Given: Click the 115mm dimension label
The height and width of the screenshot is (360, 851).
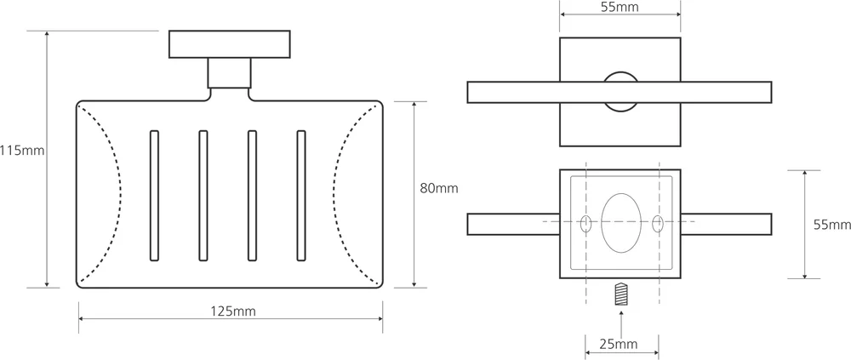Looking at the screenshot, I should point(22,151).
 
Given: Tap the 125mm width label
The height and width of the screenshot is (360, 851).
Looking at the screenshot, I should point(232,311).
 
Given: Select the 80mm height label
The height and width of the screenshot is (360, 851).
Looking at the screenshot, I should point(439,188).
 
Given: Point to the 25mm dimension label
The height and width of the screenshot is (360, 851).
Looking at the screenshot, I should point(618,345).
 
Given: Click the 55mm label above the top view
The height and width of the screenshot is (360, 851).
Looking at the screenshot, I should point(620,9).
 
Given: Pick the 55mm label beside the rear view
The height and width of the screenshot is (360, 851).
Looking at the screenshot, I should point(831,226).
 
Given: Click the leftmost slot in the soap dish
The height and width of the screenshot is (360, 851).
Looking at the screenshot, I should point(154,195).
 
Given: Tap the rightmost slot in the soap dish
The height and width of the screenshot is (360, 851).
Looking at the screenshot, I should point(301,195).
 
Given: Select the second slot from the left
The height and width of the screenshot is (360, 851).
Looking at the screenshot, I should point(203,195).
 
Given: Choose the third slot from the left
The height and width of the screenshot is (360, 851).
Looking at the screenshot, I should point(252,195).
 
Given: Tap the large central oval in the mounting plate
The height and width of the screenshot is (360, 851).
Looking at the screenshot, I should point(621,223).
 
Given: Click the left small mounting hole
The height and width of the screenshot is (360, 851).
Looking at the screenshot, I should point(585,224).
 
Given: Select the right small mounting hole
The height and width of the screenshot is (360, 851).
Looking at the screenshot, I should point(658,224).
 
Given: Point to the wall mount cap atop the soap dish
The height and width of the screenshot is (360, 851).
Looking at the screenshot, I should point(230,43).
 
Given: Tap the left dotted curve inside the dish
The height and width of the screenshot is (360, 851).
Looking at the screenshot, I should point(106,194).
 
